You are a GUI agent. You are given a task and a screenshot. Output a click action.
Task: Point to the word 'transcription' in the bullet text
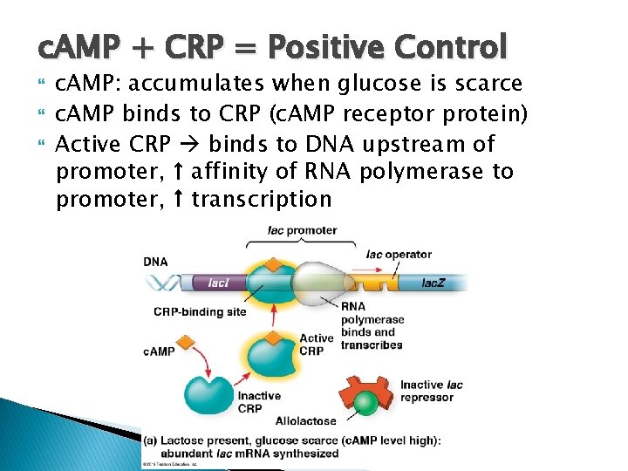(x=262, y=199)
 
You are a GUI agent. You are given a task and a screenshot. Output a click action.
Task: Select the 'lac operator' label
(x=399, y=255)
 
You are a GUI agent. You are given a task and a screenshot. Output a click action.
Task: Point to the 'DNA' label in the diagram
(x=156, y=262)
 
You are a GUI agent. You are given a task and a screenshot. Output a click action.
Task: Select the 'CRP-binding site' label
(x=200, y=311)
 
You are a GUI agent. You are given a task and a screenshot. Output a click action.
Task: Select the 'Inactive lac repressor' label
(x=431, y=391)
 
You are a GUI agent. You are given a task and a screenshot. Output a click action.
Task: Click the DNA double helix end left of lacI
(x=162, y=282)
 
